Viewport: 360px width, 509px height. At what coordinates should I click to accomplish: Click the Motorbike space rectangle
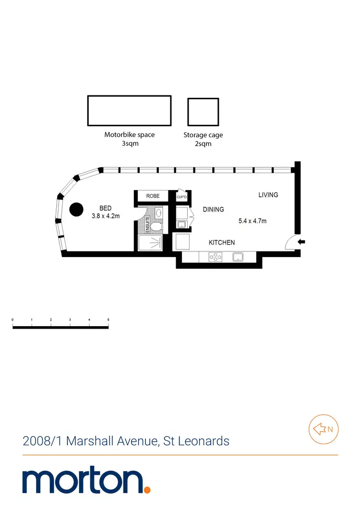(x=129, y=110)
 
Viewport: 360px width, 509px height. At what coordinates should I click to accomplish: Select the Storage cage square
(x=203, y=111)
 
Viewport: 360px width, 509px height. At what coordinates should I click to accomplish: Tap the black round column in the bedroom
(x=76, y=210)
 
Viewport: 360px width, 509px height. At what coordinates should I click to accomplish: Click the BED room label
(x=106, y=208)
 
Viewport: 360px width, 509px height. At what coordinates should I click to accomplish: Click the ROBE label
(x=153, y=196)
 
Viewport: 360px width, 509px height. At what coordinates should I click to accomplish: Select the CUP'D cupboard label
(x=181, y=197)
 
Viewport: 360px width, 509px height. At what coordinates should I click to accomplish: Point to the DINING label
(x=213, y=210)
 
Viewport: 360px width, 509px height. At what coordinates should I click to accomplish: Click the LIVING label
(x=268, y=195)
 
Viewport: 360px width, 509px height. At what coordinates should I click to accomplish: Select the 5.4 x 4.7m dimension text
(x=252, y=221)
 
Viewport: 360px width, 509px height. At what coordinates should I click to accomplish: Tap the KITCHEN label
(x=221, y=243)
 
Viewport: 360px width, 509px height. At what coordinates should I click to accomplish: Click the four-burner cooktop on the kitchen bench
(x=216, y=257)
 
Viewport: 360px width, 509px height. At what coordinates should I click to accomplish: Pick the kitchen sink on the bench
(x=239, y=257)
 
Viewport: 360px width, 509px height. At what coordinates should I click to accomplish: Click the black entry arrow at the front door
(x=301, y=242)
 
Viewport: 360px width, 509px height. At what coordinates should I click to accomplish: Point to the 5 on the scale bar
(x=108, y=320)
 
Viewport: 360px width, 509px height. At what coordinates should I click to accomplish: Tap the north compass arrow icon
(x=320, y=429)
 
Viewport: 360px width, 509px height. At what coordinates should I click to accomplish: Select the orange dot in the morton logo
(x=147, y=489)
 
